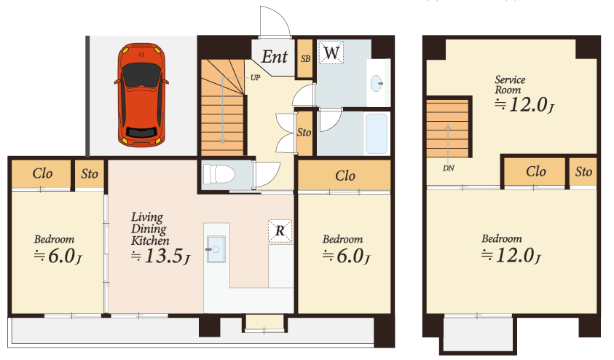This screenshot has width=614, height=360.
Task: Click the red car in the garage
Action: click(x=141, y=95)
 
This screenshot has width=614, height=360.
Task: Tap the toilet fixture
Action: click(x=218, y=174)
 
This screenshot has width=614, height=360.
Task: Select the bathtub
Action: click(x=377, y=133)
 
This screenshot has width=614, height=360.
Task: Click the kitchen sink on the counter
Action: click(x=216, y=249)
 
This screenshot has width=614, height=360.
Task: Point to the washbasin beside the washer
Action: click(x=377, y=83)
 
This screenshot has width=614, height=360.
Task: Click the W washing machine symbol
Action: click(x=331, y=52)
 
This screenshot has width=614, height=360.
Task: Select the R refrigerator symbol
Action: click(x=280, y=231)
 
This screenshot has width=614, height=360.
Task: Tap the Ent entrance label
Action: click(x=275, y=57)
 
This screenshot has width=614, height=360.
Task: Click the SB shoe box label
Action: click(x=305, y=59)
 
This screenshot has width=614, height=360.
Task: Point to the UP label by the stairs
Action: click(x=256, y=77)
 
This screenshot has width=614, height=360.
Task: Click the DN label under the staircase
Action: click(x=449, y=168)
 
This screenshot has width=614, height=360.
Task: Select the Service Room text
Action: click(x=510, y=85)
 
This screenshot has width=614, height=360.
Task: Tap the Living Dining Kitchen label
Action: click(x=150, y=229)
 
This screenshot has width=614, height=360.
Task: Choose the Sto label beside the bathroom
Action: click(x=304, y=133)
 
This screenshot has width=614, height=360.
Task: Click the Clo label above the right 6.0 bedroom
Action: click(x=345, y=176)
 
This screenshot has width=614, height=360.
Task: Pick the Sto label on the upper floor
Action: click(x=583, y=171)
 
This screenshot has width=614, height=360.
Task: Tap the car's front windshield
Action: click(x=141, y=75)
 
